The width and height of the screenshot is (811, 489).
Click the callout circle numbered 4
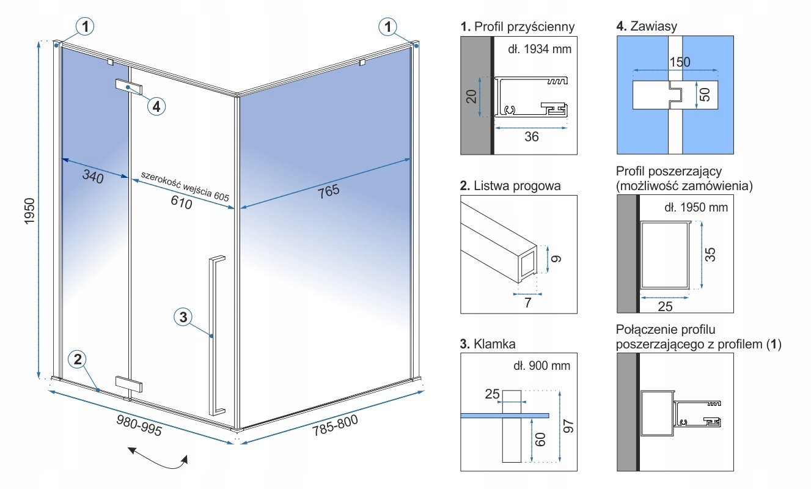point(156,106)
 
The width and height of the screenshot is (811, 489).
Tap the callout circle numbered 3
point(183,317)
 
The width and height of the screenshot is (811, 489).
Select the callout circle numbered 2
point(77,359)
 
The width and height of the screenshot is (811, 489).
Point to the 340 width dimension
point(94,177)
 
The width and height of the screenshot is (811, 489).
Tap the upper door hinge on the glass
point(129,87)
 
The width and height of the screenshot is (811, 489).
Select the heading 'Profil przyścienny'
point(518,27)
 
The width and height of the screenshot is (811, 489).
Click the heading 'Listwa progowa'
point(511,186)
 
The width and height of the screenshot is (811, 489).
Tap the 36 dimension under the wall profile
point(532,137)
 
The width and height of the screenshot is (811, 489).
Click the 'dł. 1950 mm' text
point(696,207)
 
